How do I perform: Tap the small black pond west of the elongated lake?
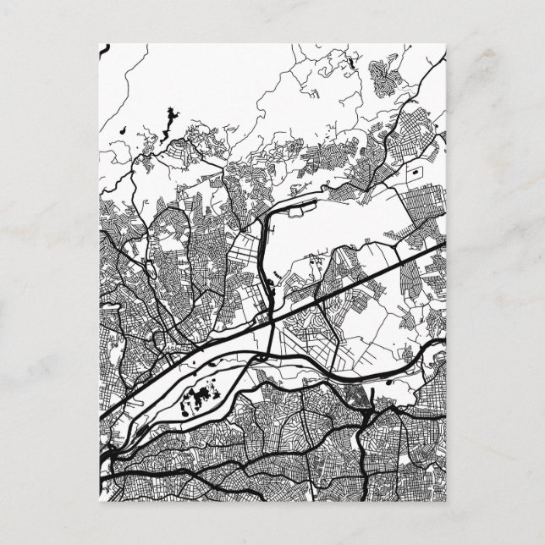(x=124, y=130)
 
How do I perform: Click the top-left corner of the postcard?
(x=100, y=43)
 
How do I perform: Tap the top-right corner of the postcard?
(x=445, y=43)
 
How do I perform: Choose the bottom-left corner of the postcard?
(x=100, y=502)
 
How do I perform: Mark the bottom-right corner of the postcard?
(x=445, y=502)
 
